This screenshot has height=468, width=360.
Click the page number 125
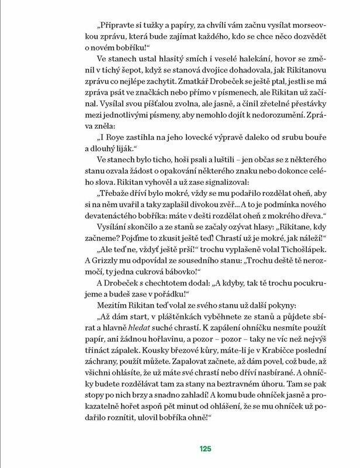204,449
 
